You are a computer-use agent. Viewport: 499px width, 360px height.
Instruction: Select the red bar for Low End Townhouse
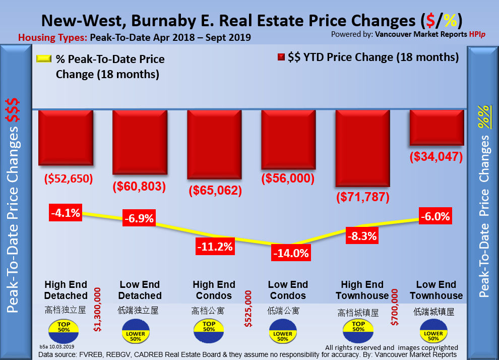coord(436,127)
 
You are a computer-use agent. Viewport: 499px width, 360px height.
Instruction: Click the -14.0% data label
coord(290,253)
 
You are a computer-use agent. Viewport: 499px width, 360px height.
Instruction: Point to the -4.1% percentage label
coord(66,213)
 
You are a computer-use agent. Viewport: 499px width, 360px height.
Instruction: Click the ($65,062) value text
coord(214,191)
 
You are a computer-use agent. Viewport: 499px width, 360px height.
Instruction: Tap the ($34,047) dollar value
coord(436,156)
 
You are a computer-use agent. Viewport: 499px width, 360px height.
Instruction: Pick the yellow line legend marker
coord(44,59)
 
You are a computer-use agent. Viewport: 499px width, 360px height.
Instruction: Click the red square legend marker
coord(281,57)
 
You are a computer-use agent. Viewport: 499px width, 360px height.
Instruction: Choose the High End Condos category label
coord(214,290)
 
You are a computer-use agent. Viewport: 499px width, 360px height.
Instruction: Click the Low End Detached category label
coord(140,290)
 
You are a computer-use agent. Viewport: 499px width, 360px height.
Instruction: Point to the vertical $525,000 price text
coord(247,309)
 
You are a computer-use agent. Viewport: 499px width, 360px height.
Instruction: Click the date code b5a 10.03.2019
coord(56,347)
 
